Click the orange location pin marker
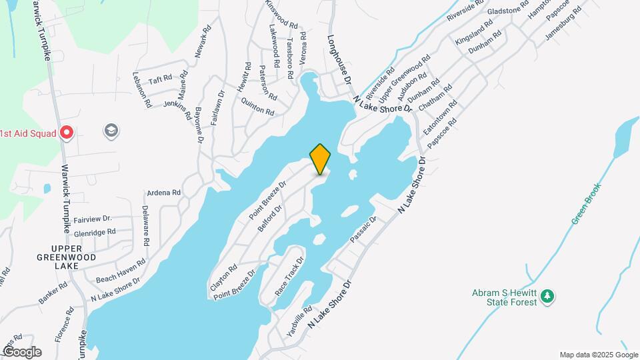click(321, 159)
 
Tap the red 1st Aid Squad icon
click(66, 132)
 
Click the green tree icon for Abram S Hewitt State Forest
click(547, 295)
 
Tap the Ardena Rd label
click(163, 193)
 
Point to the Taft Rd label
click(161, 79)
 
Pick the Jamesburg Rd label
click(563, 25)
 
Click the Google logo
click(21, 351)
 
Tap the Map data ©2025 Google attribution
click(598, 355)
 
